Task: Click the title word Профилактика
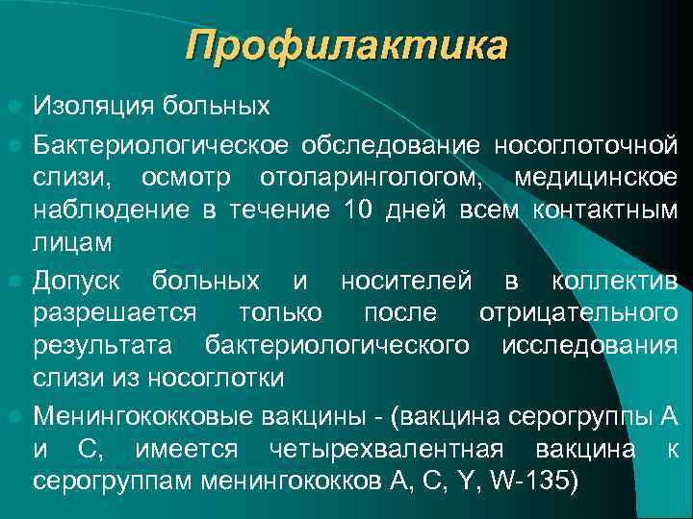[346, 45]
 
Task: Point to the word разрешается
[115, 313]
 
